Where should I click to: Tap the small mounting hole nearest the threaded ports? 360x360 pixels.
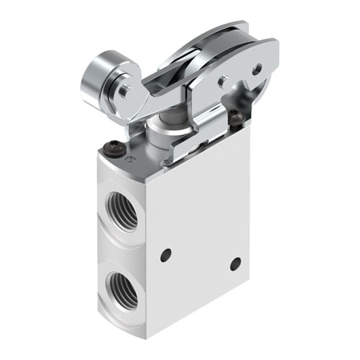point(166,255)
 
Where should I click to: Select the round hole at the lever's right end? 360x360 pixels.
point(258,69)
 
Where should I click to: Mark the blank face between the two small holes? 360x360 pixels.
point(200,256)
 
